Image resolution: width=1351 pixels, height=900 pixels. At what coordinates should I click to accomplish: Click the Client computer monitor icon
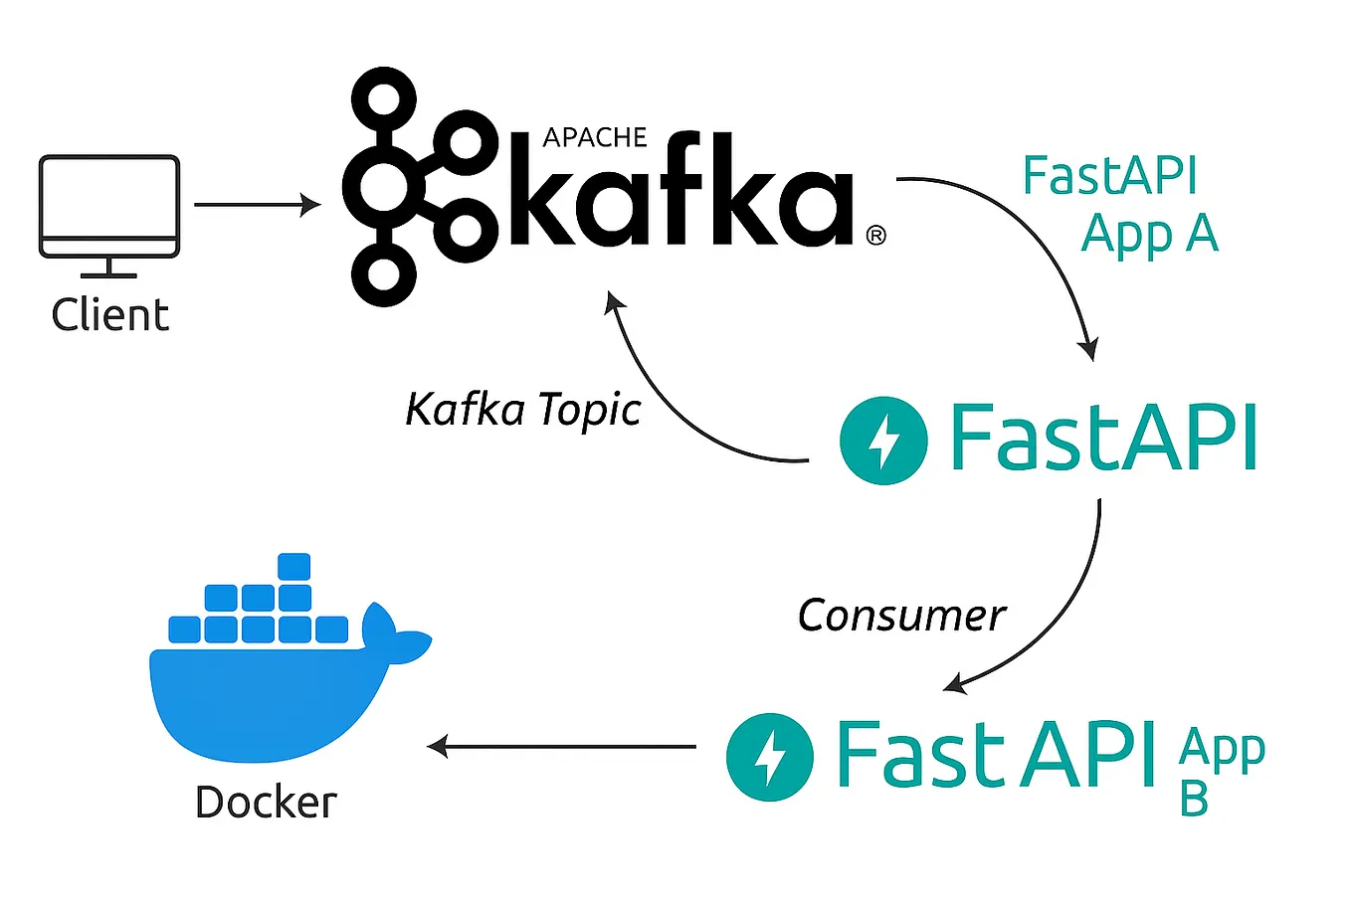109,205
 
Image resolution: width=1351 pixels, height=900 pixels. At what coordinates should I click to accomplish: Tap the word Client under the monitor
109,315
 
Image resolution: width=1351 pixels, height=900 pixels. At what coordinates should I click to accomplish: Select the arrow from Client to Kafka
257,205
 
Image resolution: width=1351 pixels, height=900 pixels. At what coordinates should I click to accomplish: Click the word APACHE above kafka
595,137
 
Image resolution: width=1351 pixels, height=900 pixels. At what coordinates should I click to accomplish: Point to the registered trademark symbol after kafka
875,236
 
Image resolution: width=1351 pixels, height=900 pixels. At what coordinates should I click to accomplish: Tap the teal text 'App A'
1149,235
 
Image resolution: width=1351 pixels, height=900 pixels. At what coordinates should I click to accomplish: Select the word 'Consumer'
901,616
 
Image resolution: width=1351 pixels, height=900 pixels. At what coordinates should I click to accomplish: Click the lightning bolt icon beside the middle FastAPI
883,441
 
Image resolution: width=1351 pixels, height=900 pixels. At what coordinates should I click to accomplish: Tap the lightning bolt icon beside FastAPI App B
769,757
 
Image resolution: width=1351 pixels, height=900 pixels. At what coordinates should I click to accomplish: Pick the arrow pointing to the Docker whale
562,746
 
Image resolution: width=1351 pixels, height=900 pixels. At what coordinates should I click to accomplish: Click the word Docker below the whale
266,803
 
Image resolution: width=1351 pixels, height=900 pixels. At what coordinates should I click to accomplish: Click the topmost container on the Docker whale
294,566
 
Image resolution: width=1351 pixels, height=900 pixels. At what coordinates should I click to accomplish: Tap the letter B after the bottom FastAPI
1194,799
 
